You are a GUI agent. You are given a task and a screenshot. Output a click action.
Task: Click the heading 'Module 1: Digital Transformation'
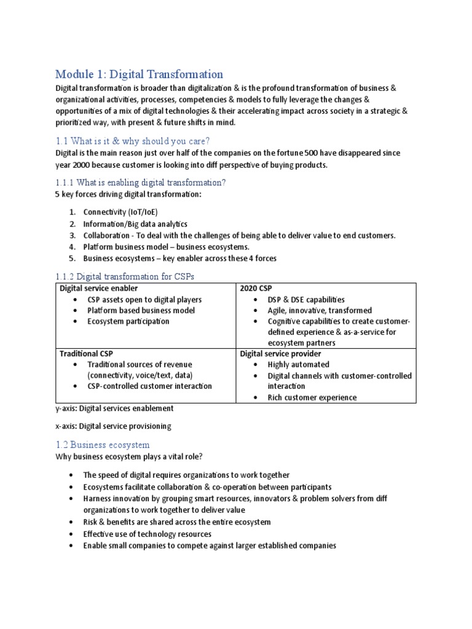[x=139, y=74]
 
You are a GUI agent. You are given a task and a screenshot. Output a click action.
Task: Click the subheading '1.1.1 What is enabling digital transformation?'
[x=141, y=182]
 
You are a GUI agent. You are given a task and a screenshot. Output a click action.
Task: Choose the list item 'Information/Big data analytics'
[x=135, y=224]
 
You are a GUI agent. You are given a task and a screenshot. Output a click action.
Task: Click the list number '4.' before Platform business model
[x=72, y=247]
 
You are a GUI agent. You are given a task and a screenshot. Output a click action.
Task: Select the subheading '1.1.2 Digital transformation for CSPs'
[x=125, y=276]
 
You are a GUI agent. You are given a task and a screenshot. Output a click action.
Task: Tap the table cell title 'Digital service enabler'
[x=98, y=288]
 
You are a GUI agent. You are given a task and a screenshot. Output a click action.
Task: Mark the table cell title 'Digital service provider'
[x=280, y=354]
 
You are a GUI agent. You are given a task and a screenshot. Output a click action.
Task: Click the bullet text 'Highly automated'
[x=298, y=365]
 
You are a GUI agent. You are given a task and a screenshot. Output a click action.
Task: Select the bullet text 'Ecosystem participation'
[x=128, y=321]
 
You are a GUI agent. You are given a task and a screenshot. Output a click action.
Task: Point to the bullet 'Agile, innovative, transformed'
[x=320, y=310]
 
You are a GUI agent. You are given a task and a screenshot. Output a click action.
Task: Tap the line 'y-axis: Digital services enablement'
[x=114, y=408]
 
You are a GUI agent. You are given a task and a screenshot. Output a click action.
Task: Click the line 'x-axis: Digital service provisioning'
[x=113, y=426]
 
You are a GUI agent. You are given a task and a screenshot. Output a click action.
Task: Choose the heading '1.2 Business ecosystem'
[x=102, y=444]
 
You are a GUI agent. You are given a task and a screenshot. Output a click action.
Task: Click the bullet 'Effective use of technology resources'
[x=147, y=534]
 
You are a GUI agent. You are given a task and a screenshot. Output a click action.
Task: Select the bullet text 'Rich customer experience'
[x=312, y=397]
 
